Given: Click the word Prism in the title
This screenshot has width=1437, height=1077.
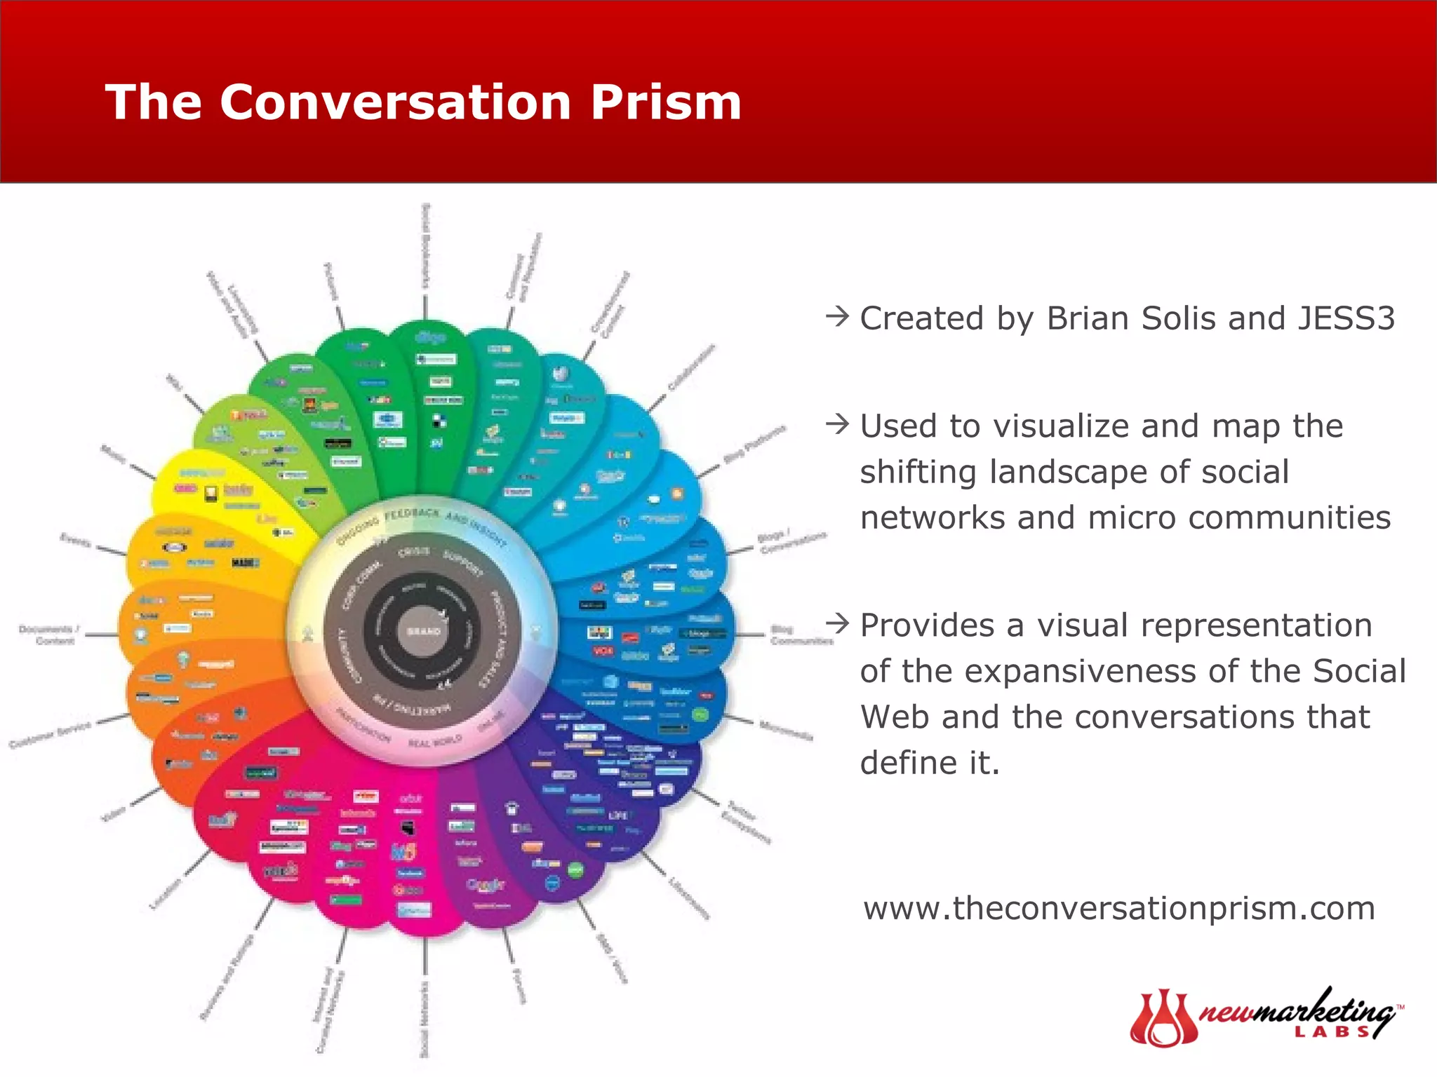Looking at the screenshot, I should point(665,102).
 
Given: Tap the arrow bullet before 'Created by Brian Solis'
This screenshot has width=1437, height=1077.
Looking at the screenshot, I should point(838,317).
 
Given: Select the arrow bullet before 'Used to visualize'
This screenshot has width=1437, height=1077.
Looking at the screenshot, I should point(838,424).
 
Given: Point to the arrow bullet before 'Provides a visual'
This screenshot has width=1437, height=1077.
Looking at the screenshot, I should point(838,623).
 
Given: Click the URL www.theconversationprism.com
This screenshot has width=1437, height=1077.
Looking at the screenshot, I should point(1118,909).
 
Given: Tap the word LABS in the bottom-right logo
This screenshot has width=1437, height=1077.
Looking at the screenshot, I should point(1331,1032).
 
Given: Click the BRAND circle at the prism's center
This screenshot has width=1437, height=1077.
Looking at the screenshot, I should point(423,631).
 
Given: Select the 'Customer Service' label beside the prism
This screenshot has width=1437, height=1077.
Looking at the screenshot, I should point(51,733).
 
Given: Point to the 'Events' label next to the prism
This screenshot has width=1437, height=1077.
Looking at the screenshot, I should point(75,541).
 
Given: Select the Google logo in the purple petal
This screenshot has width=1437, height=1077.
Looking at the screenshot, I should point(486,885).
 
